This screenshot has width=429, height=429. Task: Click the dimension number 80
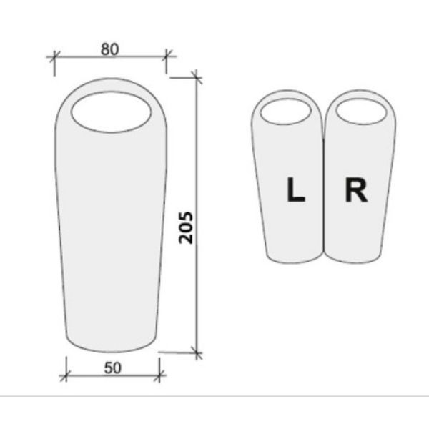point(110,49)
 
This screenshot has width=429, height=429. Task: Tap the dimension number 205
point(186,227)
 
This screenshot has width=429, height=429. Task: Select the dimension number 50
point(112,368)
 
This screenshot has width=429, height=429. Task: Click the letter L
point(296,189)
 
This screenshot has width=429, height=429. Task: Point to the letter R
point(356,190)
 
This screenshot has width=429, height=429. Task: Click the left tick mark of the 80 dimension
point(54,56)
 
